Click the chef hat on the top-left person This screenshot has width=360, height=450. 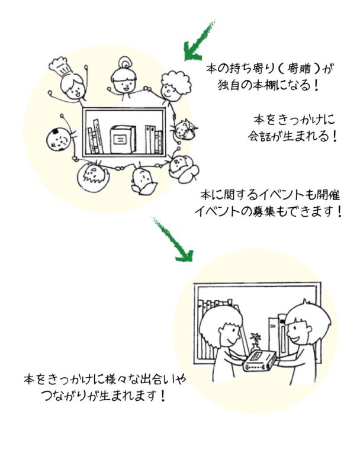60,65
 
